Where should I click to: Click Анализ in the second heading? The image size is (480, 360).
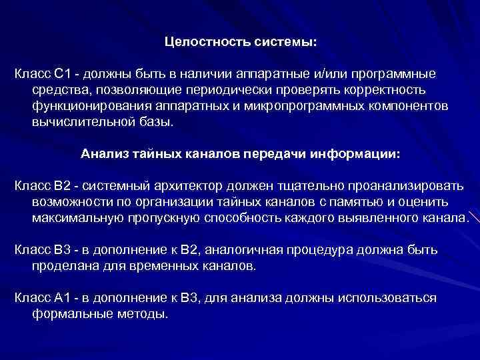coord(102,153)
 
